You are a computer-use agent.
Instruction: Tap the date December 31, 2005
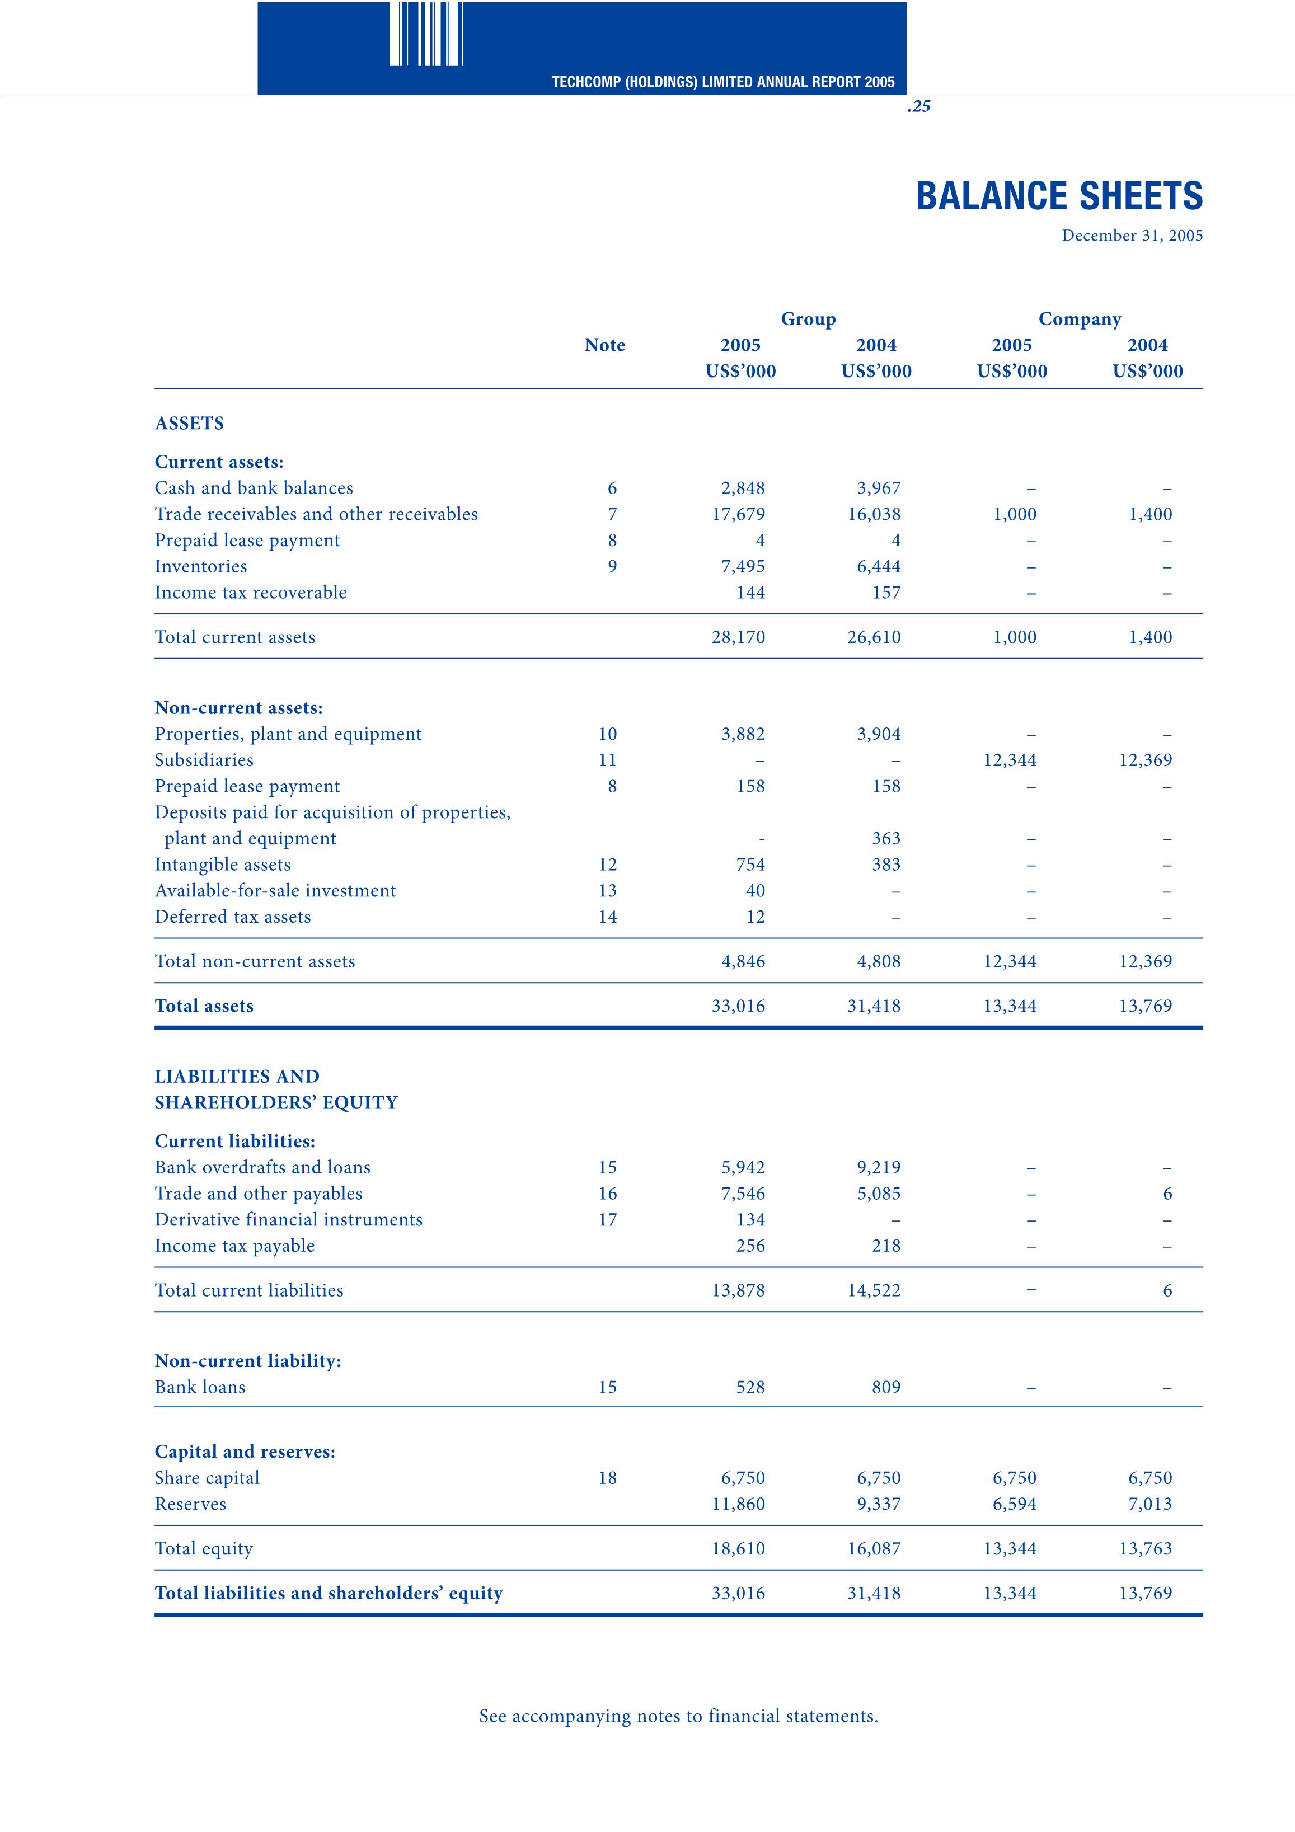[x=1132, y=236]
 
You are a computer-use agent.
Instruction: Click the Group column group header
[x=808, y=319]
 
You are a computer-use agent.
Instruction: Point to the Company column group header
[x=1079, y=319]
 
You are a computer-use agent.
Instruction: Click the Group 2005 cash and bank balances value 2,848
[x=742, y=488]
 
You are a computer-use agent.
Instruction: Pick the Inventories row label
[x=201, y=566]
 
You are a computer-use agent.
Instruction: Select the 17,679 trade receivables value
[x=738, y=515]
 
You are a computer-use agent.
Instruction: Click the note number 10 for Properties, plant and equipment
[x=607, y=734]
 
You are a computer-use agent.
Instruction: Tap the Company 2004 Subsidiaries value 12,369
[x=1145, y=760]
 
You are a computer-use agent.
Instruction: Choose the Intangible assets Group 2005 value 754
[x=750, y=865]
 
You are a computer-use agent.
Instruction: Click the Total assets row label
[x=204, y=1006]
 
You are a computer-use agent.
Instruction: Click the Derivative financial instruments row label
[x=289, y=1220]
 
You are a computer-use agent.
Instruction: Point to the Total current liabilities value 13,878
[x=738, y=1290]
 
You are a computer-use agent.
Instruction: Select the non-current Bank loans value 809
[x=886, y=1388]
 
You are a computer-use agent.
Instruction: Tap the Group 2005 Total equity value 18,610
[x=738, y=1549]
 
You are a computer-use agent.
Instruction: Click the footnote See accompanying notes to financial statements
[x=678, y=1716]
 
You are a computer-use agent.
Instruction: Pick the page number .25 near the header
[x=918, y=106]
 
